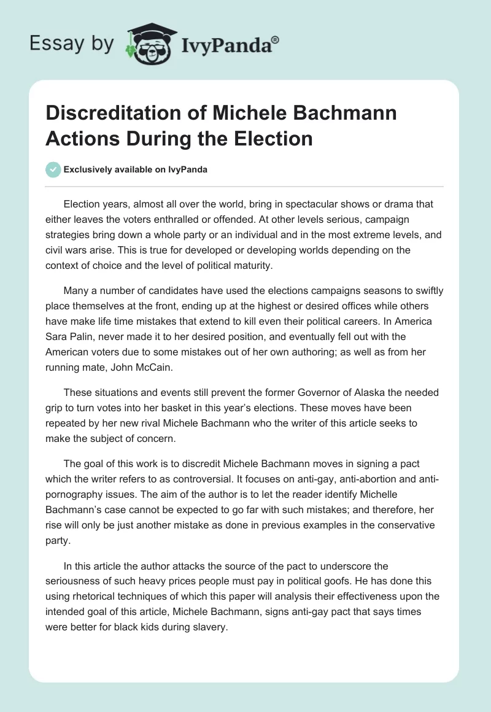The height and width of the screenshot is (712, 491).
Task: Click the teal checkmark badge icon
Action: click(x=53, y=169)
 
